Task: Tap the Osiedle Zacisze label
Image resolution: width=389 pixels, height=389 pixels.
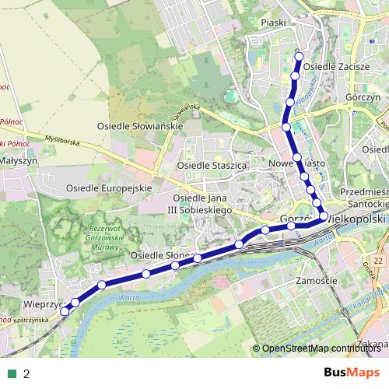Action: point(336,67)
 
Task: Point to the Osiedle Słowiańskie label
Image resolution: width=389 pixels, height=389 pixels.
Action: point(139,125)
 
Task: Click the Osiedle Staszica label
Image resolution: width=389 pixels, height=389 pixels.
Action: point(212,166)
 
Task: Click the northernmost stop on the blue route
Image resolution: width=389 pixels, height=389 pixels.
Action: point(300,56)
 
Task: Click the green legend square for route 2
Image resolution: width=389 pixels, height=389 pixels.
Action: point(13,374)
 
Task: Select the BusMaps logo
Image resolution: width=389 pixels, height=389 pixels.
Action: point(351,373)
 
